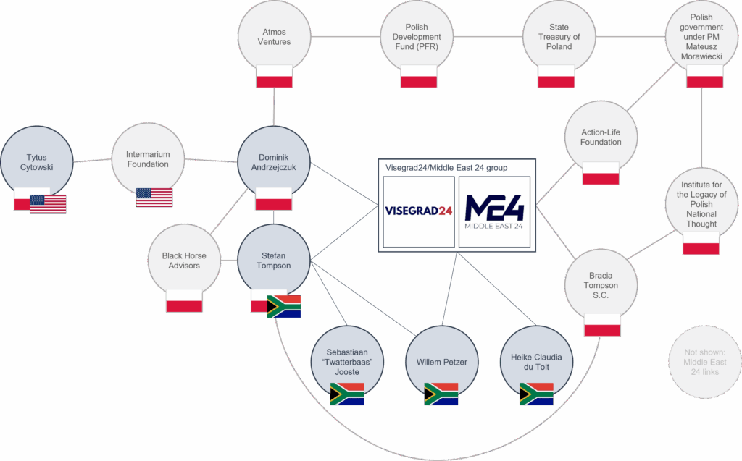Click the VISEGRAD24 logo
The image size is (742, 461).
point(419,211)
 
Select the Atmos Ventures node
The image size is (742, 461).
point(274,37)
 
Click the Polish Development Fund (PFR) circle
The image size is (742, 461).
point(418,37)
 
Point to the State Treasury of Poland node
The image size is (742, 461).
point(559,37)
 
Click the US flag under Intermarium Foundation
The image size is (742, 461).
point(154,198)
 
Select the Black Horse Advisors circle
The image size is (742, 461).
point(183,261)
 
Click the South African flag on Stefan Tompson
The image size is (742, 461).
point(284,306)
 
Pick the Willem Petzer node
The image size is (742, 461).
point(441,361)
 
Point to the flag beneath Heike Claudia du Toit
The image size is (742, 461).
point(536,394)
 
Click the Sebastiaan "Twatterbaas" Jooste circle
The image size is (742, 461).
point(346,361)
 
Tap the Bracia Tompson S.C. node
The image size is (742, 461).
point(601,285)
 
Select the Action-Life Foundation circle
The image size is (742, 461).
point(601,138)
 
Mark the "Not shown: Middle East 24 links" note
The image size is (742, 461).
point(704,362)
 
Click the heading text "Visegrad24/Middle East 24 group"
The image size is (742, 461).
point(446,168)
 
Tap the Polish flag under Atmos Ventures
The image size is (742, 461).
point(274,76)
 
